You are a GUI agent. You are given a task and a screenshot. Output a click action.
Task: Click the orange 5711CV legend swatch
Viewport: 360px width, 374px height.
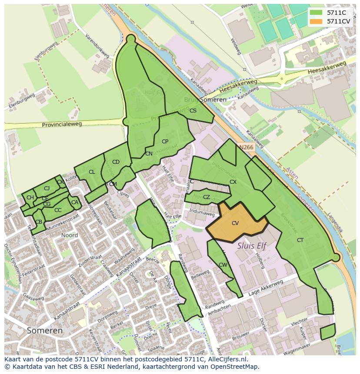(317, 21)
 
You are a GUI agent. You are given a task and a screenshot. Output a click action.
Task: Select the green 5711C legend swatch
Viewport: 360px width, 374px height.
(317, 13)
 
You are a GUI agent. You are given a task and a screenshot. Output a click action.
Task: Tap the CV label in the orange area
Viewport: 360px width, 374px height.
(235, 223)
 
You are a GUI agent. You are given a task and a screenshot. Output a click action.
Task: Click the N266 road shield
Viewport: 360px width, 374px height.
(246, 147)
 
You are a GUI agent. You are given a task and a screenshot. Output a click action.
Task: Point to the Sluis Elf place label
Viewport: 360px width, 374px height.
(251, 245)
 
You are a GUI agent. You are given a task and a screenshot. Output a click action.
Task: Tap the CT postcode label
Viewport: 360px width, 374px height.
(300, 240)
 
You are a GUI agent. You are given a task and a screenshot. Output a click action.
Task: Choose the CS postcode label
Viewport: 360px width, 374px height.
(193, 111)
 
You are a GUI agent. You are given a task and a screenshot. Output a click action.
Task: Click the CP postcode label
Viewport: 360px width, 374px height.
(165, 142)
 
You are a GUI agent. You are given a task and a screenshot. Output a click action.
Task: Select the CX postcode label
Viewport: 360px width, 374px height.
(233, 182)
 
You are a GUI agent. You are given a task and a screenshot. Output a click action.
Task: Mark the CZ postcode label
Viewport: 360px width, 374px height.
(207, 197)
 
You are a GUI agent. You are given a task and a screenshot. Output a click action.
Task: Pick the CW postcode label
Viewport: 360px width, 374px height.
(223, 265)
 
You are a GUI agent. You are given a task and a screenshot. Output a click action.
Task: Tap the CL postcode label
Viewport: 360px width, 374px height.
(92, 172)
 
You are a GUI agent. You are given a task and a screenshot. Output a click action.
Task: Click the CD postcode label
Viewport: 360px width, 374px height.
(116, 162)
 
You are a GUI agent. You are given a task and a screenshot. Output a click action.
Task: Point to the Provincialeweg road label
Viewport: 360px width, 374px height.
(62, 125)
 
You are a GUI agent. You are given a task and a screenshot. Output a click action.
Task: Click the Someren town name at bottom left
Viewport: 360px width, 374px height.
(44, 331)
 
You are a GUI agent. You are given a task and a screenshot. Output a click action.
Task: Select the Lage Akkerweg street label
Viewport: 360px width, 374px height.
(266, 288)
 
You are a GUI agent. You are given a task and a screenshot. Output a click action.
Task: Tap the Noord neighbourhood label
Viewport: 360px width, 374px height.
(70, 235)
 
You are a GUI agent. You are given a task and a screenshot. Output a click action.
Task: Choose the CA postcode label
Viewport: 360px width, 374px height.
(75, 202)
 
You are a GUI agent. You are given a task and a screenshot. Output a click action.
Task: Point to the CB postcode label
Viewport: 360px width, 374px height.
(39, 222)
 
